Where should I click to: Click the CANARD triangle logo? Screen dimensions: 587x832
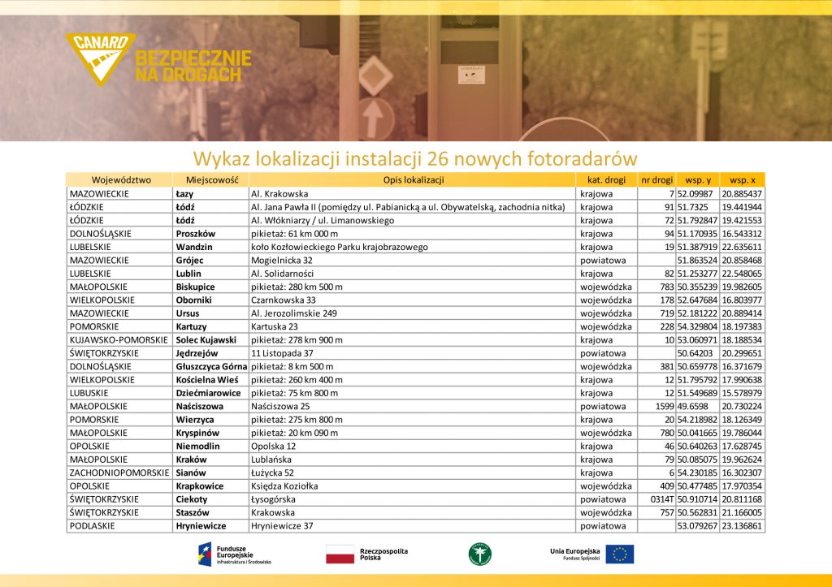pyautogui.click(x=100, y=57)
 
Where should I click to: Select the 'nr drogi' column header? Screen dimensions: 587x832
pyautogui.click(x=656, y=180)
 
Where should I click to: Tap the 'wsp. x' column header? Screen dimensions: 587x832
pyautogui.click(x=742, y=180)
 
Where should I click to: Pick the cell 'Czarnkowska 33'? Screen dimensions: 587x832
pyautogui.click(x=284, y=300)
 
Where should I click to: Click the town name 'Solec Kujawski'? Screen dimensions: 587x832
pyautogui.click(x=206, y=339)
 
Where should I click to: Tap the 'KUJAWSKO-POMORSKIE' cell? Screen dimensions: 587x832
pyautogui.click(x=119, y=339)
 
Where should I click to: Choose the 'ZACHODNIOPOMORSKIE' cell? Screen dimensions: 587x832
pyautogui.click(x=119, y=473)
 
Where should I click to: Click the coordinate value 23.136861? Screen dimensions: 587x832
pyautogui.click(x=742, y=526)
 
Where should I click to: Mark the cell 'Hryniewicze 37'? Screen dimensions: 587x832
pyautogui.click(x=282, y=526)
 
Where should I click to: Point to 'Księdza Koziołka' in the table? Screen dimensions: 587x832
pyautogui.click(x=284, y=486)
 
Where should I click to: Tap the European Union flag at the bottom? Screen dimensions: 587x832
pyautogui.click(x=620, y=554)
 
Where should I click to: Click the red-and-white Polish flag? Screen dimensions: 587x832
pyautogui.click(x=340, y=555)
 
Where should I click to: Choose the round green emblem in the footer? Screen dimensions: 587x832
pyautogui.click(x=480, y=554)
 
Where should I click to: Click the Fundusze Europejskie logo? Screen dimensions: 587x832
pyautogui.click(x=236, y=554)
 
